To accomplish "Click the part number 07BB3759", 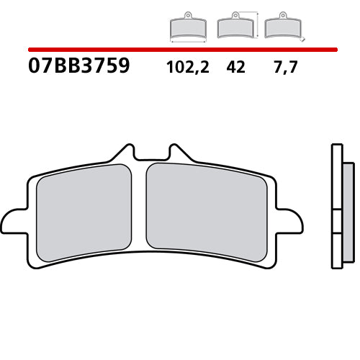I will point(79,67).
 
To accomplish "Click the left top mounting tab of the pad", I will point(126,153).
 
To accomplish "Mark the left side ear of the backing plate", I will point(14,220).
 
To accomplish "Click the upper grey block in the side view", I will point(346,197).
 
